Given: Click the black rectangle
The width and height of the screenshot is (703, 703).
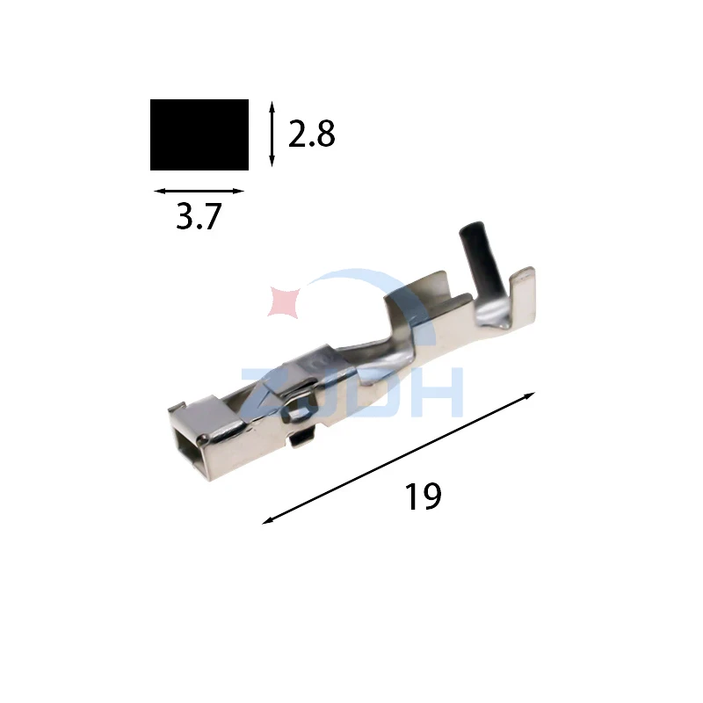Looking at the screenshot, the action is pos(199,135).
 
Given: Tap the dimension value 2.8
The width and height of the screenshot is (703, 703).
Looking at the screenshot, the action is pos(312,134).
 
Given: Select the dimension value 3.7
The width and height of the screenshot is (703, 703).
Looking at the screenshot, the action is pos(199,216).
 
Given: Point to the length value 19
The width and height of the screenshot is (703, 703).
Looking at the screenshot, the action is pos(423,496).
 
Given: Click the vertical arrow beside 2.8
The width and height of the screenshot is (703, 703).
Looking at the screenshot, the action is pos(272,134).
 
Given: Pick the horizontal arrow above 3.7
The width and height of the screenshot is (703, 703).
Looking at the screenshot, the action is pos(199,191).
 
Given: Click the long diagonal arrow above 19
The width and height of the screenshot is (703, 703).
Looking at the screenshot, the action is pos(398,458).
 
